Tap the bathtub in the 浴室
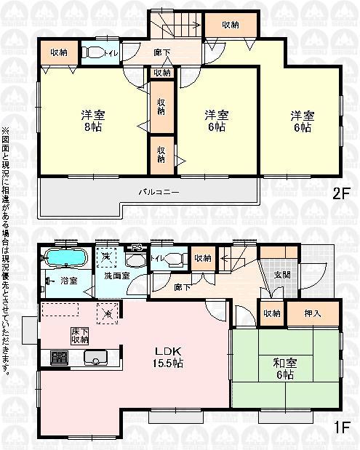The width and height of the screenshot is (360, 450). coord(65,258)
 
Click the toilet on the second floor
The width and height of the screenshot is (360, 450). coord(94,53)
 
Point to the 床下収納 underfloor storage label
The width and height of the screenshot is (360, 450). coord(80,335)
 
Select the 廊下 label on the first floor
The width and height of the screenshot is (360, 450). coord(183,287)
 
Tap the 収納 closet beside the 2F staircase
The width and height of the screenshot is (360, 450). coord(230,25)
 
